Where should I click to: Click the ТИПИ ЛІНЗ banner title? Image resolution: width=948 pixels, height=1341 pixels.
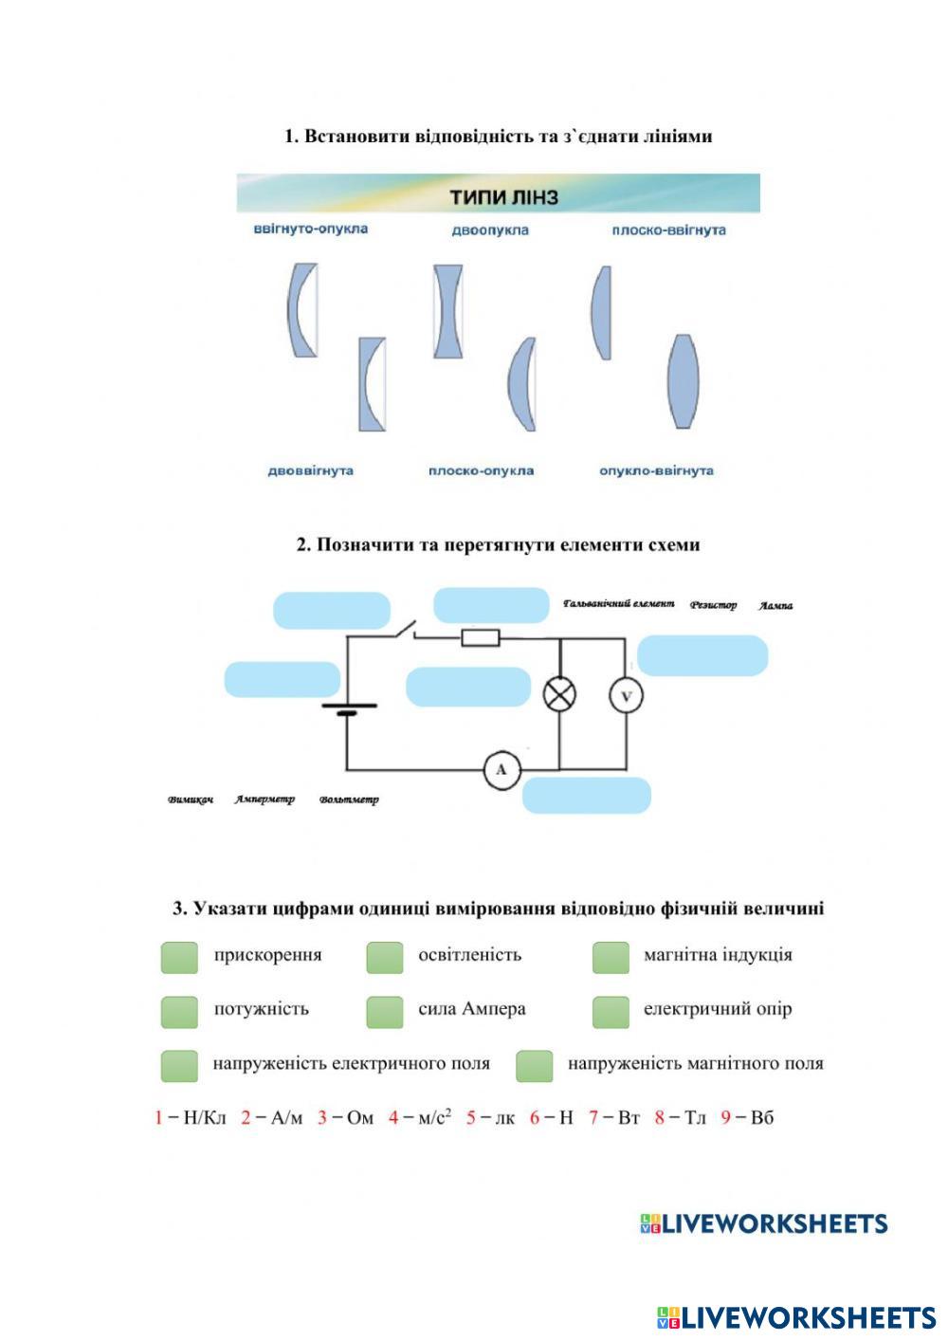pos(503,197)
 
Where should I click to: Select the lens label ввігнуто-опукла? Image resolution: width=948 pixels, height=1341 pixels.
pos(310,229)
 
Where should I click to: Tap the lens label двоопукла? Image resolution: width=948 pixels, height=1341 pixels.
pos(490,230)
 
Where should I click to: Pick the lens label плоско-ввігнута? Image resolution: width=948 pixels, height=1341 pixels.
pos(668,230)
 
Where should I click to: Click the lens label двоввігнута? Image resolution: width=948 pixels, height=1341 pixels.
pos(310,470)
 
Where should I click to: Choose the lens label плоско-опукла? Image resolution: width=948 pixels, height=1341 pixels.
pos(481,470)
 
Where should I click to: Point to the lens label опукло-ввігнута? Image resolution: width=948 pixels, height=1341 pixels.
pos(656,470)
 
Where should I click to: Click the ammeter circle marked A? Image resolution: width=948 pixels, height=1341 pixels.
pos(501,770)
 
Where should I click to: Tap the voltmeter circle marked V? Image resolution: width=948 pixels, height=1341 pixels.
pos(626,697)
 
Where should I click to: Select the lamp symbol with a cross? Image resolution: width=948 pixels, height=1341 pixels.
pos(559,695)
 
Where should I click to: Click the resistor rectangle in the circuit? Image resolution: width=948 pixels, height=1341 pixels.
pos(481,637)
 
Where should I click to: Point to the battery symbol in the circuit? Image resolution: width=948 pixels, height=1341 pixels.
pos(347,709)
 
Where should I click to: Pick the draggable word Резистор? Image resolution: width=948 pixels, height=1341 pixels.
pos(713,605)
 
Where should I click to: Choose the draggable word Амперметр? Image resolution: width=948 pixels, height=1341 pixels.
pos(264,799)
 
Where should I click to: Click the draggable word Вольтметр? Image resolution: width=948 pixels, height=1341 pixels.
pos(349,799)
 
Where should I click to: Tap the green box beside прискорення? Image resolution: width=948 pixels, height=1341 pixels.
pos(179,957)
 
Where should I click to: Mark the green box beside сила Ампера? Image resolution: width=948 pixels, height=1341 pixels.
pos(384,1012)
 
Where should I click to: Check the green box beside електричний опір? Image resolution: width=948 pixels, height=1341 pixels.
pos(611,1012)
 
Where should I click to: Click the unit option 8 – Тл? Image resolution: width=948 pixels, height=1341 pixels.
pos(681,1117)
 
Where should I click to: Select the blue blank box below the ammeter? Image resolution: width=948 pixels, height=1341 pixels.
pos(587,795)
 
